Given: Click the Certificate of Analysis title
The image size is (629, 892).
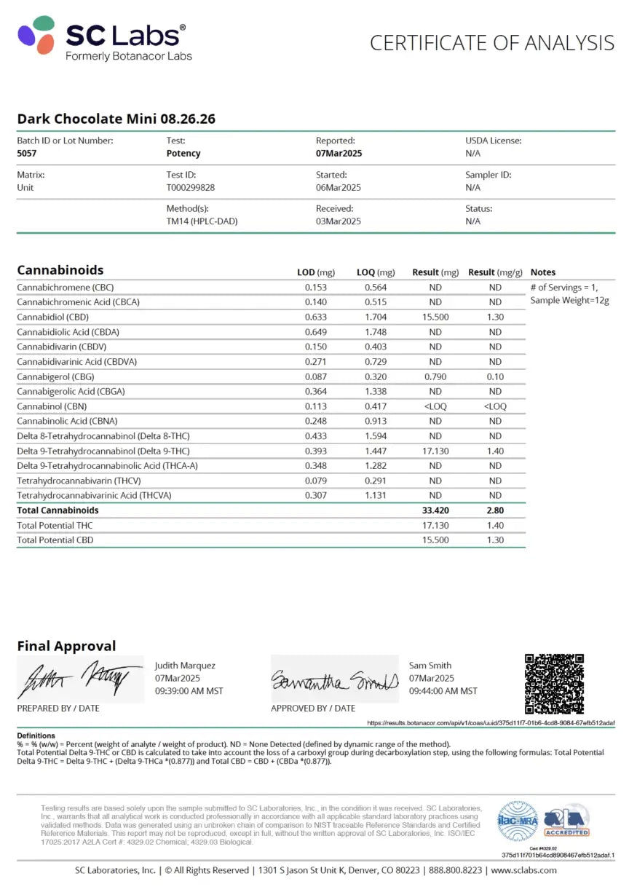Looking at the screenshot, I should (x=491, y=43).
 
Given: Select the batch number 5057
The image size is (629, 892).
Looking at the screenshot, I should (x=26, y=154).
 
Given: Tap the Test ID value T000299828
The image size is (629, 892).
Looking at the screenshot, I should (x=190, y=187).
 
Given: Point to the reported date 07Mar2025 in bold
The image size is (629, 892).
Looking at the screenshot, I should (x=339, y=154).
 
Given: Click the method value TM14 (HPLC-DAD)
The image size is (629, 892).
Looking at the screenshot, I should (x=202, y=221).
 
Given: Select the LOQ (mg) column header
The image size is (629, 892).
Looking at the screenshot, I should (x=376, y=272).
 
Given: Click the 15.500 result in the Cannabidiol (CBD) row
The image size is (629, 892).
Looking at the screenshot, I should (x=435, y=317).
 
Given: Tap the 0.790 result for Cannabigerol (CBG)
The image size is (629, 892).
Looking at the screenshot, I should (x=435, y=376).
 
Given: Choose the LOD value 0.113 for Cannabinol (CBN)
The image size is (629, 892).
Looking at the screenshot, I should (x=316, y=406).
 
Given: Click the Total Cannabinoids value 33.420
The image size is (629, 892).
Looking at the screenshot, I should (x=435, y=510).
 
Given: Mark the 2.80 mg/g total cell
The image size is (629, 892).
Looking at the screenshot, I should (x=495, y=510).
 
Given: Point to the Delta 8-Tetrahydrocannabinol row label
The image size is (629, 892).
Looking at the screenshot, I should (x=103, y=436).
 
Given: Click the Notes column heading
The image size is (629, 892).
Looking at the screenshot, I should (x=543, y=272).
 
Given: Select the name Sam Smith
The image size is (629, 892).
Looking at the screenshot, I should (x=430, y=665).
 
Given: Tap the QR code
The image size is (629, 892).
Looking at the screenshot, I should (x=554, y=684).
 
